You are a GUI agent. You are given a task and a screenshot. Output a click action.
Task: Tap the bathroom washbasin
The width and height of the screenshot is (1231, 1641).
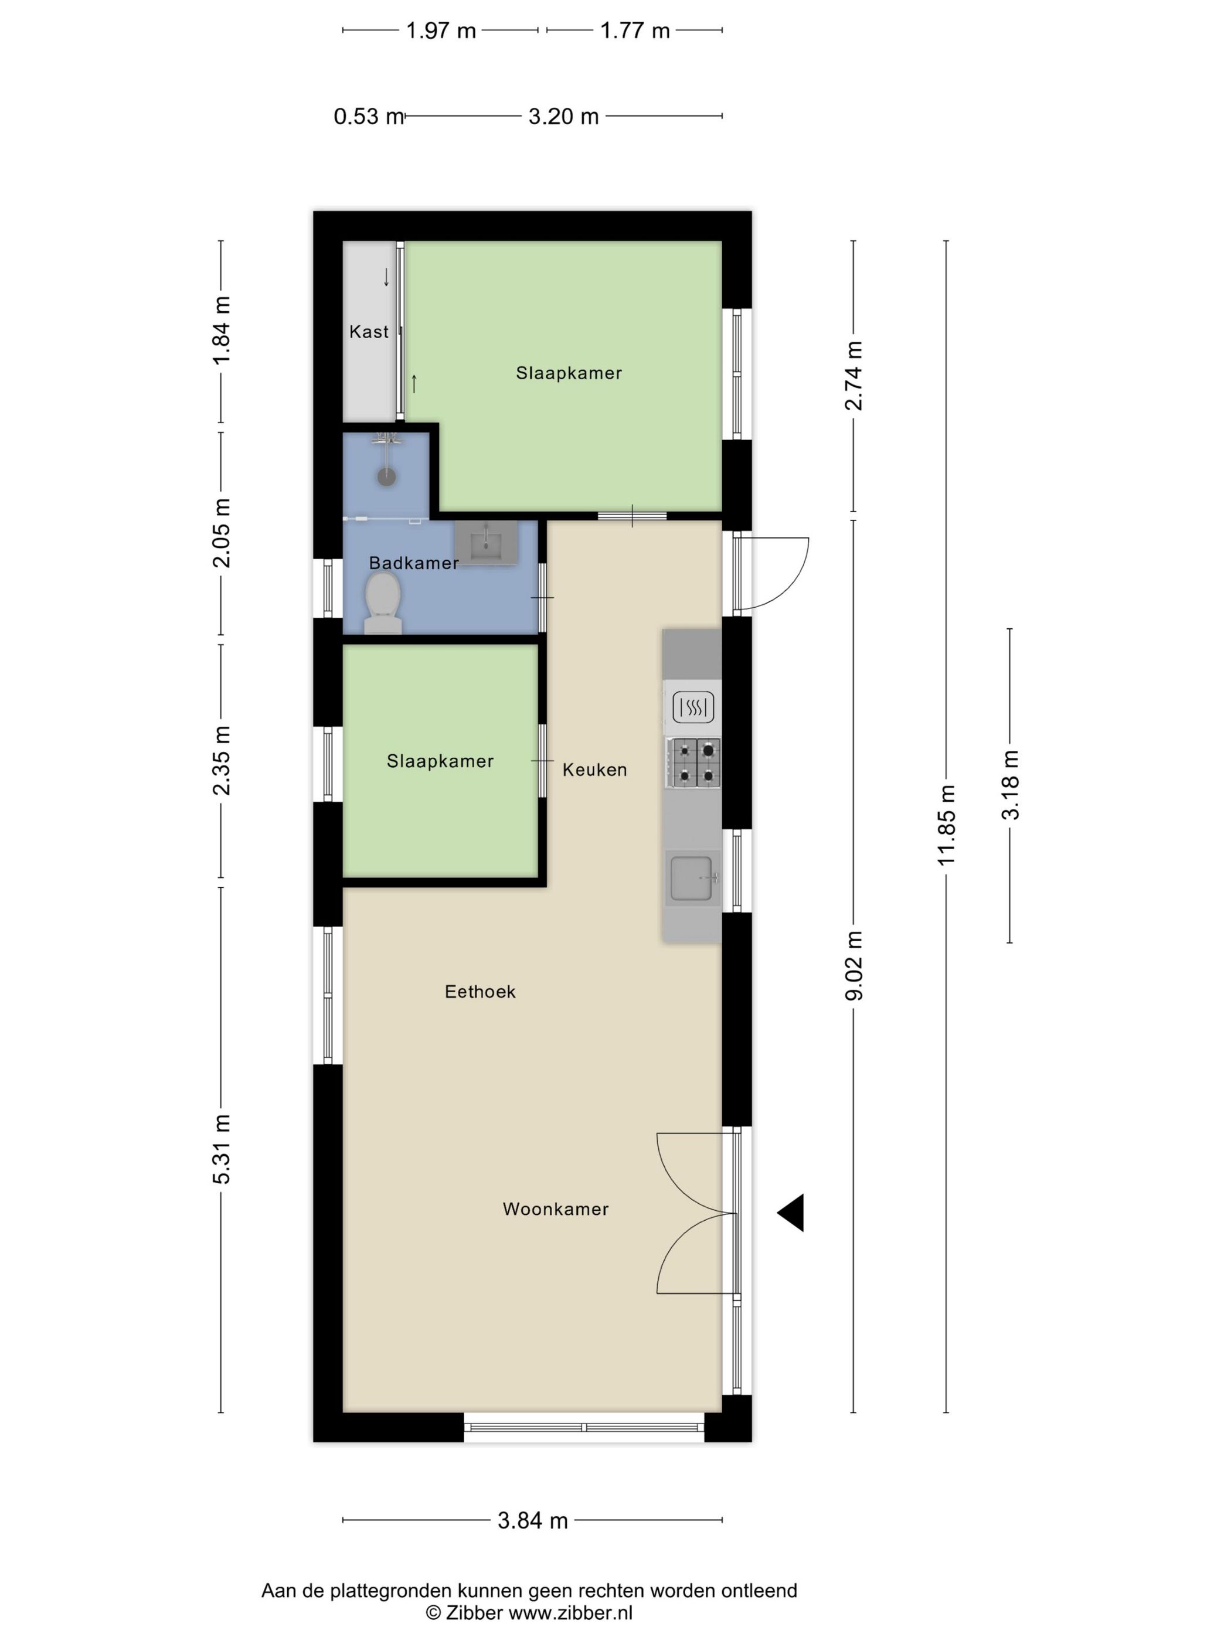coord(486,542)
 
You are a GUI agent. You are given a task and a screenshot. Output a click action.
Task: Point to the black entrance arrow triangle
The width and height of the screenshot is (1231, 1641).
coord(791,1213)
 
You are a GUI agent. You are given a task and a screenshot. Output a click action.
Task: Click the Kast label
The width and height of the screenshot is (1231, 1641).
coord(369,332)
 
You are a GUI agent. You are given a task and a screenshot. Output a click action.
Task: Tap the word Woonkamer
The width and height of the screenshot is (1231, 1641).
coord(556,1209)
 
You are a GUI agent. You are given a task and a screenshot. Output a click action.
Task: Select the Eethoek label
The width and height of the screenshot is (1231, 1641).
coord(480,992)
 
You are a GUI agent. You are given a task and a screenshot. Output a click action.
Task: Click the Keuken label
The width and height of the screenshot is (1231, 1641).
coord(594,770)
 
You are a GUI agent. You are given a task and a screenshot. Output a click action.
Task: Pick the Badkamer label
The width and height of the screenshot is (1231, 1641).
coord(414,563)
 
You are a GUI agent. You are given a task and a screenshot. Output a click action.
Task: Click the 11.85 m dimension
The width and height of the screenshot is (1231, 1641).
coord(946,825)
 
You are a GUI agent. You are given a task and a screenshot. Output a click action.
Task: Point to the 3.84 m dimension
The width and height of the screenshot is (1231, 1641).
coord(533,1521)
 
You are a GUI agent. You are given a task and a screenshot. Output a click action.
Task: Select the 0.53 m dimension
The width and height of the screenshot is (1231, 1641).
coord(368,117)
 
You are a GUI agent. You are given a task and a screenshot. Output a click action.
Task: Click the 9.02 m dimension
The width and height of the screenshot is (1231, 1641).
coord(854,966)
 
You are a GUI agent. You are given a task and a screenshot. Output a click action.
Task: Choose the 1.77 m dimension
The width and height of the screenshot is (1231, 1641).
coord(634,30)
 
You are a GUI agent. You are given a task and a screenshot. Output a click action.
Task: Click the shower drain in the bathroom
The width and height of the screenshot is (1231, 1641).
coord(386,476)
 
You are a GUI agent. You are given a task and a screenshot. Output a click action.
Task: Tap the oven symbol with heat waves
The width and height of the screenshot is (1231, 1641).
coord(693,707)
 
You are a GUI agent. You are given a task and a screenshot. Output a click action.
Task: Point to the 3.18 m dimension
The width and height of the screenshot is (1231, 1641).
coord(1010,785)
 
